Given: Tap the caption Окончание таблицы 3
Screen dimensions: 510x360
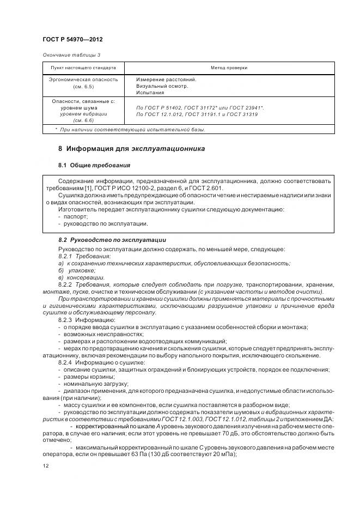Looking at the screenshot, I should tap(71, 55).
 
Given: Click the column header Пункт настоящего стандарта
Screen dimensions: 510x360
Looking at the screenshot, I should tap(83, 68).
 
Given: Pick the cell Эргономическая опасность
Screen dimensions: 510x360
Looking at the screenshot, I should tap(83, 79).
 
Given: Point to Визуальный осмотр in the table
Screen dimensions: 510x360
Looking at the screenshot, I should tap(162, 86).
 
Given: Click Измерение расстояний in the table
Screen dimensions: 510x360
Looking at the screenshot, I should tap(166, 79).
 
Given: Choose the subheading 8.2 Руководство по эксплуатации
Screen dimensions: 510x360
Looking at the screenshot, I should tap(112, 240).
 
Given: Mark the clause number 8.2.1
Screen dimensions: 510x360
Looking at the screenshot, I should tap(65, 256).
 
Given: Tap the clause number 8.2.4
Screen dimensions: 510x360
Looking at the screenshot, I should tap(65, 362).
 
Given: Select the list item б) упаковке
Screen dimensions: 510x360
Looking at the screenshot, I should tap(77, 270).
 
